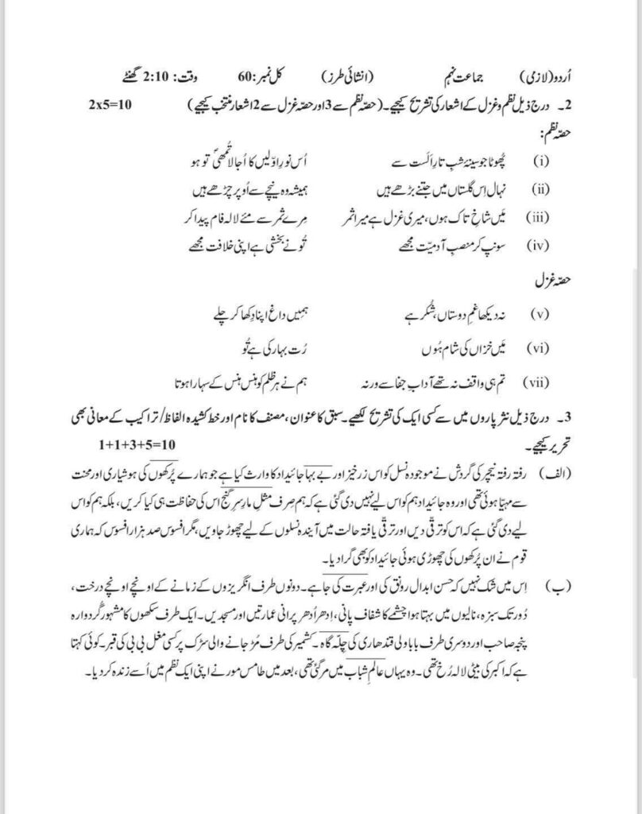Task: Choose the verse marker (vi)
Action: coord(541,348)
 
